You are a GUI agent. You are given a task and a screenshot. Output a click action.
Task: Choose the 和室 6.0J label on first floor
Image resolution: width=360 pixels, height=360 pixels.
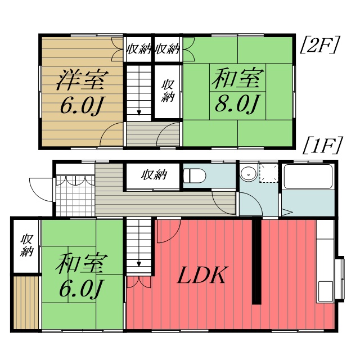pyautogui.click(x=81, y=277)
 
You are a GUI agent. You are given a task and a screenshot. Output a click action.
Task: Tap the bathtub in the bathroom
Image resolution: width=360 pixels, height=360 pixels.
pyautogui.click(x=307, y=177)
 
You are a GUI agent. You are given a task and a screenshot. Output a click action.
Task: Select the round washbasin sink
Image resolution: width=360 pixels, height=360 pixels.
pyautogui.click(x=247, y=174)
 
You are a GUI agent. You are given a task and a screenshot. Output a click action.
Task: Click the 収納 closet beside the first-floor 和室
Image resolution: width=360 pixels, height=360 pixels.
pyautogui.click(x=26, y=245)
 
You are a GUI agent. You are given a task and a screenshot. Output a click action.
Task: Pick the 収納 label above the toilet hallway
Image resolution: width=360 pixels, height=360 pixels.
pyautogui.click(x=154, y=175)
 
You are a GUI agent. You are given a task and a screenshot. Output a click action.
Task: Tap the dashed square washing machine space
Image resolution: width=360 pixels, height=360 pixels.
pyautogui.click(x=268, y=173)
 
